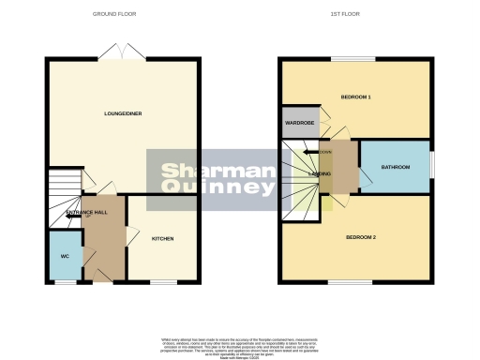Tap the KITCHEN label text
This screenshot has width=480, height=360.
point(163,238)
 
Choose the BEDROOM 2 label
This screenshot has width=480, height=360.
point(361,237)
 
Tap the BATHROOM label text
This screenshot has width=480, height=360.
point(395,167)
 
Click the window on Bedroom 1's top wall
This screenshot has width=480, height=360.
point(352,59)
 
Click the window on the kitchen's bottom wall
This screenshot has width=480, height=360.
point(163,281)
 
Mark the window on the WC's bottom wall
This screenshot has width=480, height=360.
point(65,281)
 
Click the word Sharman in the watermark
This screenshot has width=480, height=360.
point(195,171)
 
